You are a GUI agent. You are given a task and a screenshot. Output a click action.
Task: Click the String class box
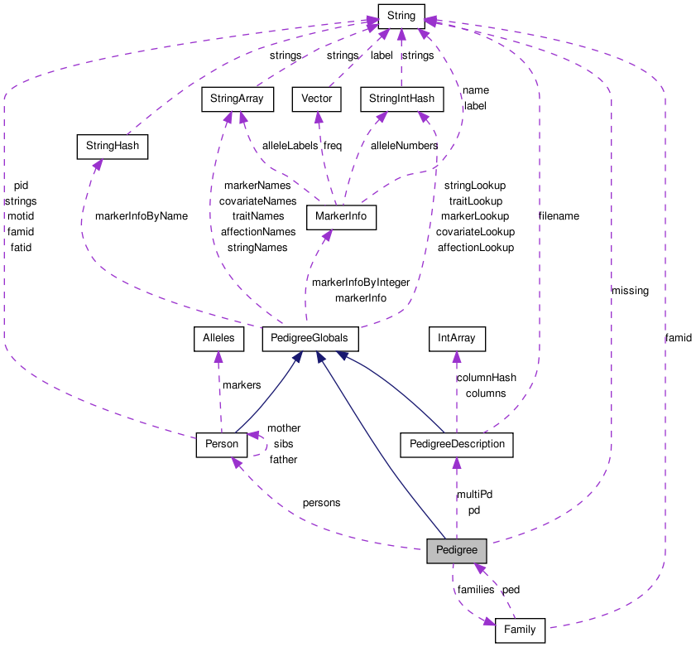tap(401, 15)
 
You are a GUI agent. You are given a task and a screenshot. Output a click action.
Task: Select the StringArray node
tap(237, 99)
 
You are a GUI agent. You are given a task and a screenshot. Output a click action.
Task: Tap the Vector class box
tap(316, 99)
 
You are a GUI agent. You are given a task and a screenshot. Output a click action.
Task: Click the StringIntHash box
tap(401, 99)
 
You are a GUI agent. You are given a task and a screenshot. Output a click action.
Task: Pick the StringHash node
tap(111, 147)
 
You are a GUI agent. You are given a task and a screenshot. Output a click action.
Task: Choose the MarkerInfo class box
tap(341, 217)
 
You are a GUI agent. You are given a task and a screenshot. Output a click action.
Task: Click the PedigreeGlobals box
tap(310, 338)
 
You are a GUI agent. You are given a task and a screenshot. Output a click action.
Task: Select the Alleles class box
tap(218, 338)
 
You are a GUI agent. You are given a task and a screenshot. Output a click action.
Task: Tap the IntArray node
tap(456, 338)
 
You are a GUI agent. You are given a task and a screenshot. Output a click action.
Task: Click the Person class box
tap(222, 444)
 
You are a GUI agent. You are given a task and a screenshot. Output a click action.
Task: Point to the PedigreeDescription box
tap(456, 444)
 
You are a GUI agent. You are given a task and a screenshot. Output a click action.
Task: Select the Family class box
tap(520, 630)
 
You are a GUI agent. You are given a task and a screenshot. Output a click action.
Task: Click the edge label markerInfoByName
tap(142, 216)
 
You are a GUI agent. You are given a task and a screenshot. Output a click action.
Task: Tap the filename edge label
tap(559, 216)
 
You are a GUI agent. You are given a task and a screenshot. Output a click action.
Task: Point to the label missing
tap(630, 291)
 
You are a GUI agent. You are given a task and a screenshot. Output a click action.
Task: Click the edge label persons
tap(321, 503)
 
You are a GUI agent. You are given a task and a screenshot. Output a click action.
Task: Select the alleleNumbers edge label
tap(404, 146)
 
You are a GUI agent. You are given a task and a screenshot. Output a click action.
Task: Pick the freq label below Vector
tap(332, 146)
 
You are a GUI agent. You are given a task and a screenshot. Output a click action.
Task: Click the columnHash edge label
tap(486, 378)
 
